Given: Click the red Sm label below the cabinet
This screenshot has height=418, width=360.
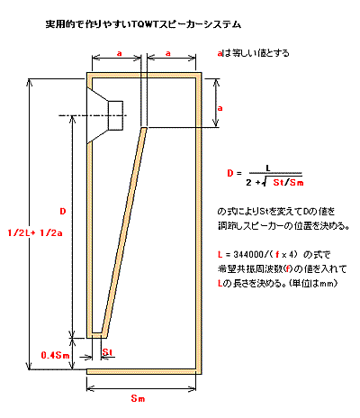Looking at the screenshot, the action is pos(138,398).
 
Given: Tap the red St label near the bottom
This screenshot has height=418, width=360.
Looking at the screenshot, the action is pos(107,352).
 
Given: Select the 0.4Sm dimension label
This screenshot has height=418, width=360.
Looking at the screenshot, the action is pos(55,356).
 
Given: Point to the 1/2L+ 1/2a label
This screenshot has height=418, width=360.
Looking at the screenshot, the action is pos(35,232).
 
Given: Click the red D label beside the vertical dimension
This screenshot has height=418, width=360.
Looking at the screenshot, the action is pos(62,212).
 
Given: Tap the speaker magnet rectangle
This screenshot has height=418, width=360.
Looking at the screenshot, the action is pos(115,115).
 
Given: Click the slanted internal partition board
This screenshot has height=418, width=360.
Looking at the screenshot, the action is pos(123,231).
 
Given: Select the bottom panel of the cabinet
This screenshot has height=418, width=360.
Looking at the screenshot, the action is pos(144,371).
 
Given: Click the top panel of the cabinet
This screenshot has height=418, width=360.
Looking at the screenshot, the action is pos(144,76).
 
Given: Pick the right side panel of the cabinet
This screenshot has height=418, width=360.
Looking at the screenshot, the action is pos(199,223).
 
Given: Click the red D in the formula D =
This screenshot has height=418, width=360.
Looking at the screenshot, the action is pos(230,173).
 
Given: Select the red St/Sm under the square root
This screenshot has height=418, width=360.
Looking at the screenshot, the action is pos(288,182).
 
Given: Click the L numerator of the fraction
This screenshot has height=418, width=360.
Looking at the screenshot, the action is pos(268,168).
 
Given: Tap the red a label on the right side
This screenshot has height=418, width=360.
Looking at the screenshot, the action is pos(220,108).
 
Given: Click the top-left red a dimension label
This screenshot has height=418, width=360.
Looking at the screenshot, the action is pos(120,53).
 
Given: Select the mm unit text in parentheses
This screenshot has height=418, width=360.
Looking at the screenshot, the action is pos(326,284).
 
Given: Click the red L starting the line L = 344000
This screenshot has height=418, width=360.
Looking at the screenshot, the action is pos(220,255).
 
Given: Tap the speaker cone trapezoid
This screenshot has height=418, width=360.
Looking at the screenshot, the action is pos(97,115).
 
